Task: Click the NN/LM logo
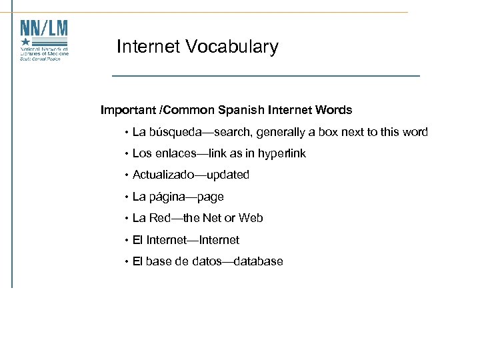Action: pyautogui.click(x=44, y=41)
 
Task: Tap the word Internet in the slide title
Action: pyautogui.click(x=148, y=47)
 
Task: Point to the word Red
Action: pyautogui.click(x=159, y=218)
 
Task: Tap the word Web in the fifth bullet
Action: pyautogui.click(x=251, y=218)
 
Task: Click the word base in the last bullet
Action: pyautogui.click(x=159, y=261)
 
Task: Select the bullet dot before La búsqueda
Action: pyautogui.click(x=125, y=133)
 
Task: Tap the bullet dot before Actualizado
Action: pyautogui.click(x=125, y=175)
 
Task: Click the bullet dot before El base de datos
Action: pyautogui.click(x=125, y=262)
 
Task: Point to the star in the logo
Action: pyautogui.click(x=25, y=43)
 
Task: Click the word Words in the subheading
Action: pyautogui.click(x=336, y=110)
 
